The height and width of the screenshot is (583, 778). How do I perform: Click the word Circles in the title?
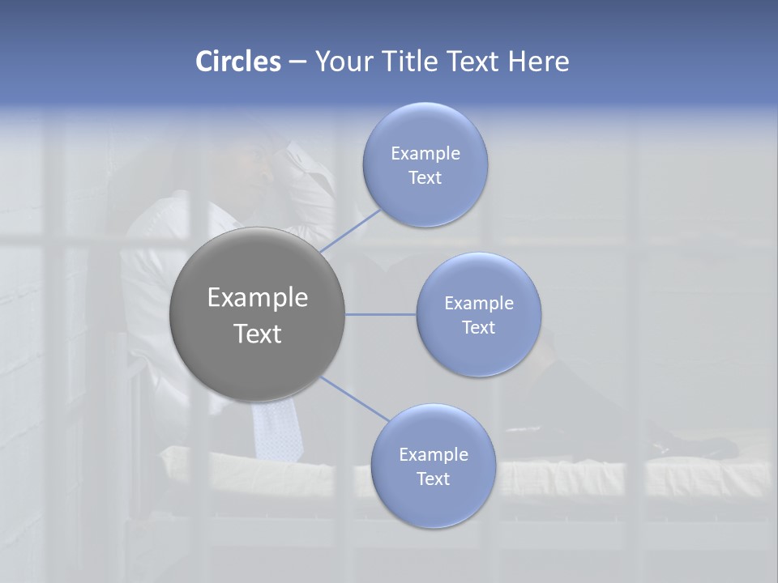click(237, 62)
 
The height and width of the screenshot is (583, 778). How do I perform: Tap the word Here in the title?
click(539, 62)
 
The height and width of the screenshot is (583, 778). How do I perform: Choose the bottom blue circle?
click(434, 502)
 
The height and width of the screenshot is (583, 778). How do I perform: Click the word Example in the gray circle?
click(258, 298)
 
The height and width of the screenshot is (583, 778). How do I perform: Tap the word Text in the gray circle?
click(258, 334)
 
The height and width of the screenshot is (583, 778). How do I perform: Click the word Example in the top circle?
click(425, 154)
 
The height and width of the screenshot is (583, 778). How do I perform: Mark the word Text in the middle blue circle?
click(478, 328)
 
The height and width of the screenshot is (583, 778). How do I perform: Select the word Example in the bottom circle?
click(434, 455)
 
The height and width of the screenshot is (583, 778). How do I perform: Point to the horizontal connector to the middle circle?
click(381, 314)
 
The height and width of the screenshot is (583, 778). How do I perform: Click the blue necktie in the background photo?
click(276, 429)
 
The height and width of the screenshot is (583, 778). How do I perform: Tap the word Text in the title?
click(474, 62)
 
